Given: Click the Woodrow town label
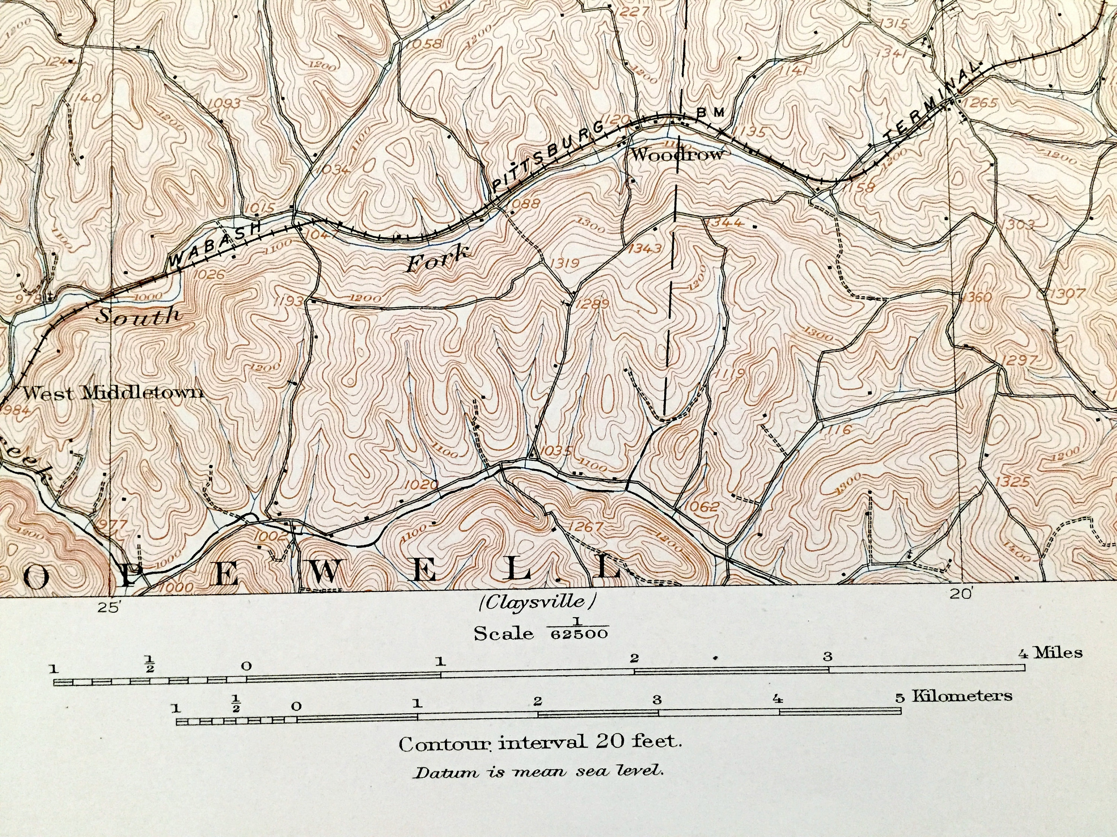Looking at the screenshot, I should [677, 154].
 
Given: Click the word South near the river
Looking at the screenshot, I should [137, 316].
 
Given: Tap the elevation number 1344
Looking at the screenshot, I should [725, 222].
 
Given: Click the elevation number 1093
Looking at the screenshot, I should [224, 103].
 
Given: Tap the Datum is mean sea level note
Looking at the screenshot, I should [538, 772].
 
